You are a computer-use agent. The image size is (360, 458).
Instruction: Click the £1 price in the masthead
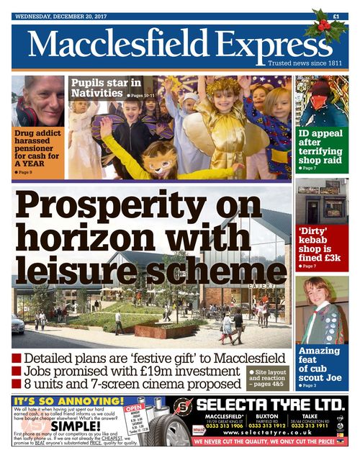(336, 16)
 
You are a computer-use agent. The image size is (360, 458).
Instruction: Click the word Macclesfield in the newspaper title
(116, 45)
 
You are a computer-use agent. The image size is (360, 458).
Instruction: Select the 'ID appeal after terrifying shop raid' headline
(321, 148)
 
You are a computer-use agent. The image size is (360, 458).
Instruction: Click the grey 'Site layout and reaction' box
(268, 379)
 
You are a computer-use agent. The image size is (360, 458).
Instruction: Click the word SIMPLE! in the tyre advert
(53, 426)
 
